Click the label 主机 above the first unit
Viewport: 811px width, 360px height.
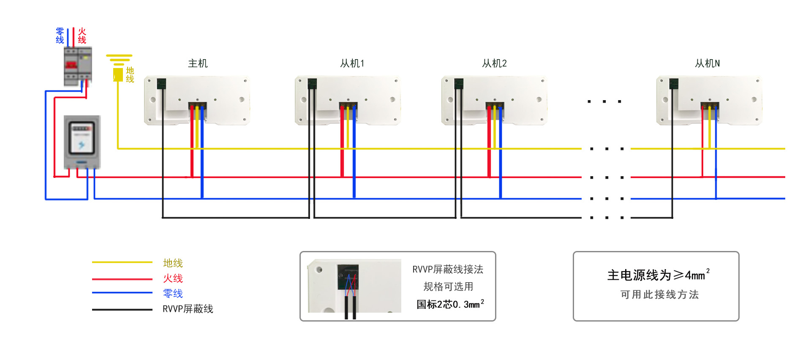[198, 63]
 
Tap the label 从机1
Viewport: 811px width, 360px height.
[352, 63]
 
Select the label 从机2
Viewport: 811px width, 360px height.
[494, 63]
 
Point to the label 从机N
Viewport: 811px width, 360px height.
[707, 63]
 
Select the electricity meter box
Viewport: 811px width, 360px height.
[82, 142]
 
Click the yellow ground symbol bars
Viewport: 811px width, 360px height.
[119, 60]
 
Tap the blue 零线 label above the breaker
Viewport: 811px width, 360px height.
[60, 36]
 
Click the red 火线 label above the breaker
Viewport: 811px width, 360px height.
[82, 36]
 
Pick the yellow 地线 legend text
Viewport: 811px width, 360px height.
[173, 263]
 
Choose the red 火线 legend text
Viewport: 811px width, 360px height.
[173, 278]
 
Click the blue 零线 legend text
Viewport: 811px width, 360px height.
[173, 294]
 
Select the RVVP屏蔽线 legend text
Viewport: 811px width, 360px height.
[188, 309]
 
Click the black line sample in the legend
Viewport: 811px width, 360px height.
[122, 310]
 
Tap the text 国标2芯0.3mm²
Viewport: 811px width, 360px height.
[450, 304]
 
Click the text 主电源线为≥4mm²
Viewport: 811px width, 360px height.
[658, 275]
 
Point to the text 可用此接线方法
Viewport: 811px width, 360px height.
[659, 295]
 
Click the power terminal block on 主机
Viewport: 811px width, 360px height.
[197, 106]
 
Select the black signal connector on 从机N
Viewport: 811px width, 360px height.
[674, 84]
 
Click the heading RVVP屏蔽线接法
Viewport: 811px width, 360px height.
[448, 270]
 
